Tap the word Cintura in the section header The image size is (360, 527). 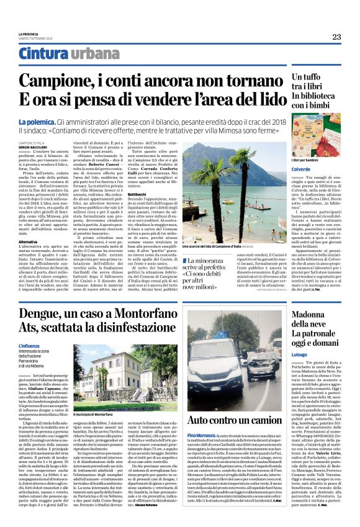click(43, 54)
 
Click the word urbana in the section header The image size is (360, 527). click(91, 54)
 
